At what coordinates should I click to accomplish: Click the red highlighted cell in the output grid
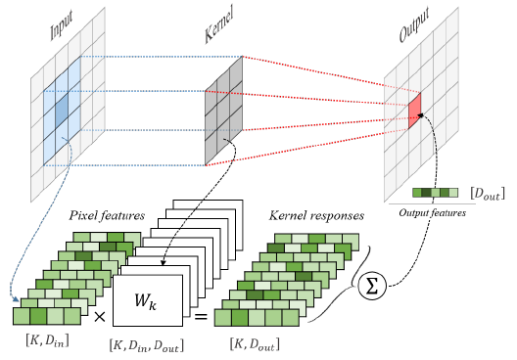click(x=414, y=107)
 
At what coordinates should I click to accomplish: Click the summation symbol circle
click(x=373, y=288)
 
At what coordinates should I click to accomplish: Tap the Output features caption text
click(x=432, y=211)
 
